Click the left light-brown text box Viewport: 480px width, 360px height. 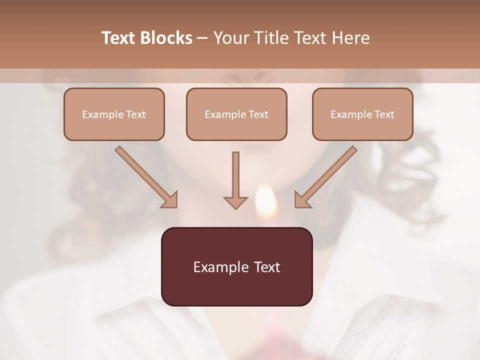click(114, 114)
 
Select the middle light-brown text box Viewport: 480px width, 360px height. click(236, 114)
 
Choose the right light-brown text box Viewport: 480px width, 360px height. click(362, 114)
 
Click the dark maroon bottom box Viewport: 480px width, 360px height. click(236, 267)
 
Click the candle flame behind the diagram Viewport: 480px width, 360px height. click(265, 202)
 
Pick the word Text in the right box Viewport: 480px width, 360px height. click(384, 114)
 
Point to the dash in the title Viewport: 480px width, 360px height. click(202, 38)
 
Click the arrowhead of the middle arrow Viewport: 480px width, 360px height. click(235, 202)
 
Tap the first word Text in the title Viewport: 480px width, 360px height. click(119, 38)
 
